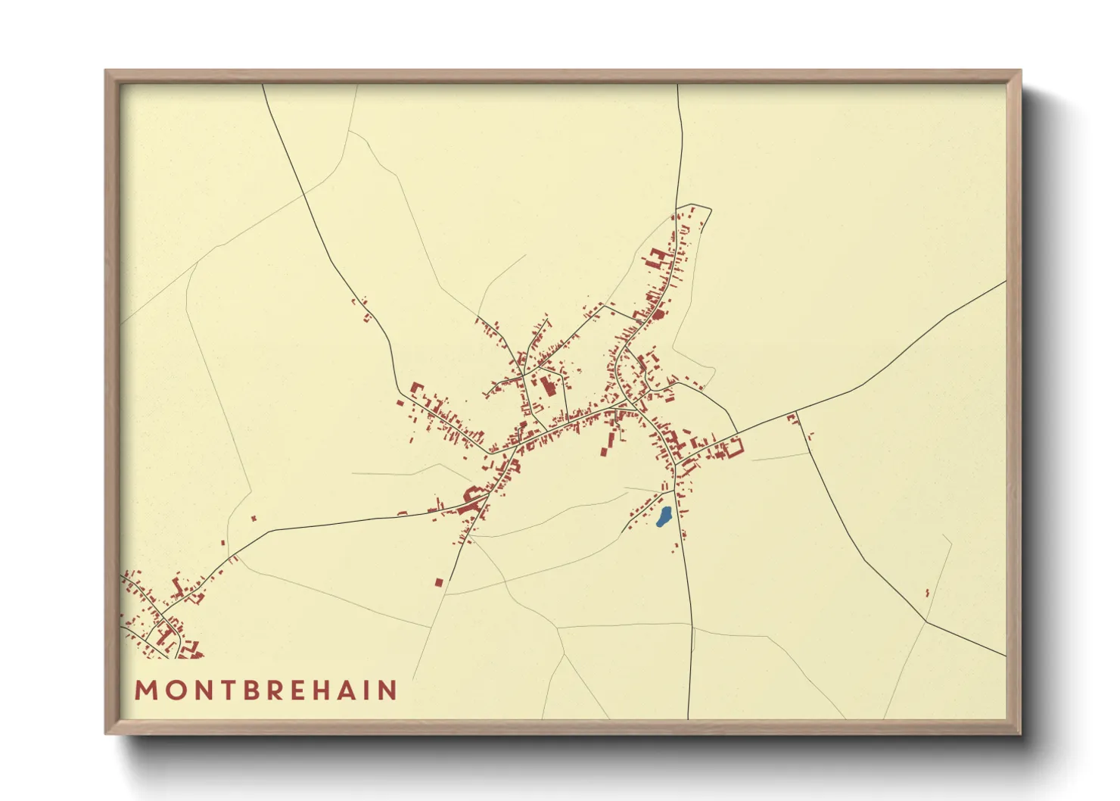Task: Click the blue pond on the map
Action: pyautogui.click(x=664, y=517)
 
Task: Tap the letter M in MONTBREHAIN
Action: pyautogui.click(x=145, y=690)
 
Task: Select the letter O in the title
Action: pyautogui.click(x=171, y=690)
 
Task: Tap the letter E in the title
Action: pyautogui.click(x=292, y=690)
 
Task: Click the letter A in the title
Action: pyautogui.click(x=343, y=690)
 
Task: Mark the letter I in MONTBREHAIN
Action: pyautogui.click(x=363, y=690)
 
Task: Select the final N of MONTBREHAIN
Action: pyautogui.click(x=387, y=690)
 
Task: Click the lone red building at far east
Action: pyautogui.click(x=928, y=592)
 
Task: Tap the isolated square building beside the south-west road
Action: pyautogui.click(x=439, y=582)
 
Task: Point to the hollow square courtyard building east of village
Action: pyautogui.click(x=733, y=447)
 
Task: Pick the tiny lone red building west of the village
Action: pyautogui.click(x=254, y=518)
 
